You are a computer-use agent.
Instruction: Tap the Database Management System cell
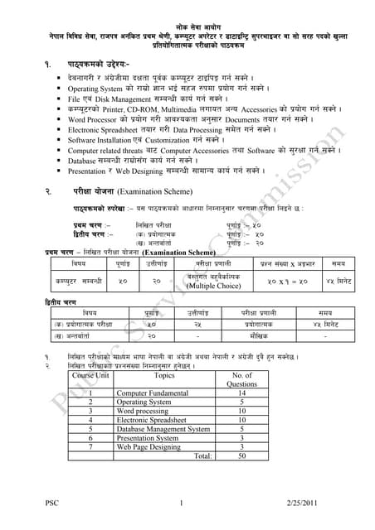[163, 429]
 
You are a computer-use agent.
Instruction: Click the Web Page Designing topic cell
[149, 447]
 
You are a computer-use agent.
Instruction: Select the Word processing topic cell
[144, 411]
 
